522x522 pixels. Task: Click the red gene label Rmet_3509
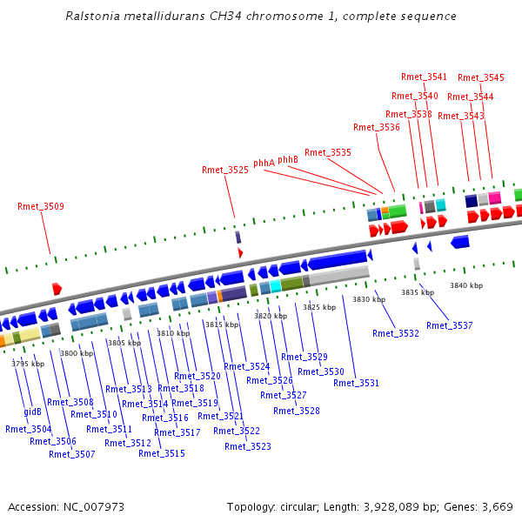41,206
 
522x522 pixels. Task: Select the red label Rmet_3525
225,170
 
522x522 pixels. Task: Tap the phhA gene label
264,163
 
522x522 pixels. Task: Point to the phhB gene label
288,159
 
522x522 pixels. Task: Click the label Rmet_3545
481,77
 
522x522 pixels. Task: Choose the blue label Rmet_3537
450,325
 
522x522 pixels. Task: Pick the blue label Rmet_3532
396,333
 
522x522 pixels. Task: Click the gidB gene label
33,412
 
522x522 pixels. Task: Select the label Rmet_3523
248,446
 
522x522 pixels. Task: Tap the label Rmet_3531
357,383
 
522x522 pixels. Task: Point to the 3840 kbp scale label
465,285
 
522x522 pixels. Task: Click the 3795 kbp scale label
28,364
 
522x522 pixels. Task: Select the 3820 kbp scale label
270,316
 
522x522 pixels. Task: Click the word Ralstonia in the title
90,17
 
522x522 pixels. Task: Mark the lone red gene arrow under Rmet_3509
57,288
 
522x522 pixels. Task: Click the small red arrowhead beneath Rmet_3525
240,252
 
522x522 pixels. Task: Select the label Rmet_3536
378,127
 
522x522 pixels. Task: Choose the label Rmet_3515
162,453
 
